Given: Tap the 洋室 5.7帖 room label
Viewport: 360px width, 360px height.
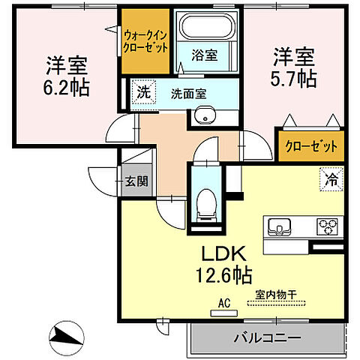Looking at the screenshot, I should tap(293, 66).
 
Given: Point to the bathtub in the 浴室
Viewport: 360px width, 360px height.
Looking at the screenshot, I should tap(207, 28).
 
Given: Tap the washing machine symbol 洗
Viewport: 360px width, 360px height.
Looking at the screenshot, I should tap(142, 92).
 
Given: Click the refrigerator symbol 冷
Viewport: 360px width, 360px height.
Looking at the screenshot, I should tap(331, 178).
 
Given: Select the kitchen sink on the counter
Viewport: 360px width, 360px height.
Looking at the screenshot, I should tap(279, 225).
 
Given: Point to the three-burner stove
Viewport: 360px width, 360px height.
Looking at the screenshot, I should tap(328, 225).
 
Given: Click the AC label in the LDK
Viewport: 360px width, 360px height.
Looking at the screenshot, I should tap(223, 304).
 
